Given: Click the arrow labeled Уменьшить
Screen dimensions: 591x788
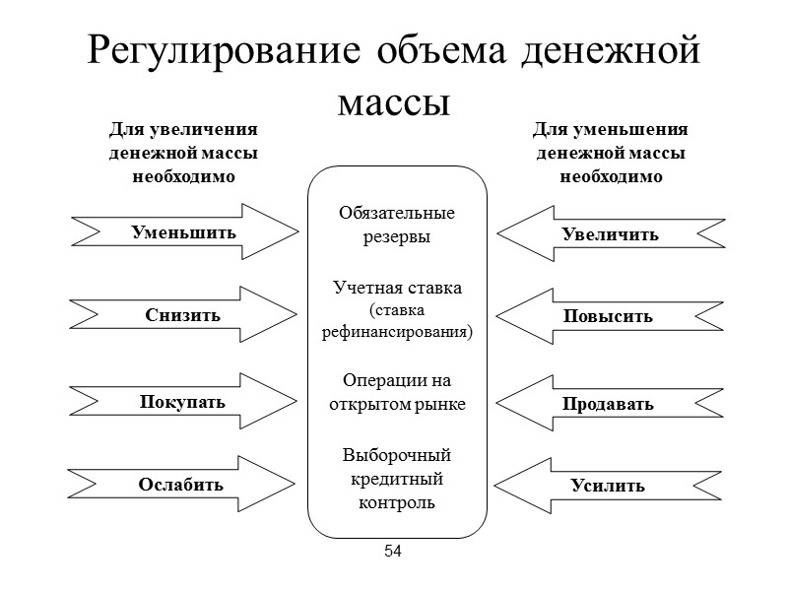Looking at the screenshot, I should (184, 232).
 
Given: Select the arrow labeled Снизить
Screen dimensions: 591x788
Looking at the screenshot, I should (183, 315).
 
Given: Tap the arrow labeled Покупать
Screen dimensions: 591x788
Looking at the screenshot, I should (183, 402).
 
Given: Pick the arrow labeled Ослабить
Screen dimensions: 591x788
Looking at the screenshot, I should (181, 485).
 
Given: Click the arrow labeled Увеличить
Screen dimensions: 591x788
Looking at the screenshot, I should (610, 234).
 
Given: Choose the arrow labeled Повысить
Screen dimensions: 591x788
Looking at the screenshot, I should (608, 317).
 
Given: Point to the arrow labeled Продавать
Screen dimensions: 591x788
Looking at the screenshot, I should (608, 404).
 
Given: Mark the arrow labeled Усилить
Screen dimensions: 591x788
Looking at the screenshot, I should (608, 486).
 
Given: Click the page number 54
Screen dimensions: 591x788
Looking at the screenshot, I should (394, 551).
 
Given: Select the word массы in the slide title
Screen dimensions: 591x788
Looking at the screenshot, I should (394, 98).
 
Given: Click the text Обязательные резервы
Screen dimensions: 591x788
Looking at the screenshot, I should (397, 225).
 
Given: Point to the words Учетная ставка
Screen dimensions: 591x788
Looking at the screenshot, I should (397, 288).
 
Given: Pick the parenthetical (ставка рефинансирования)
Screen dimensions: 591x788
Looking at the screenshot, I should (397, 320).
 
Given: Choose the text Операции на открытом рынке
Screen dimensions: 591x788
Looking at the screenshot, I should (397, 391).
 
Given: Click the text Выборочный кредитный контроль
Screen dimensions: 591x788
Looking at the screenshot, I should (397, 479).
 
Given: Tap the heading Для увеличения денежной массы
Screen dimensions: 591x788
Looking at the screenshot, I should (183, 154).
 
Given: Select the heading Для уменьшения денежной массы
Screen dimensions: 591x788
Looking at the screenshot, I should (611, 154).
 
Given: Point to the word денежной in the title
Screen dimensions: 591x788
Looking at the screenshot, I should (611, 51).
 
